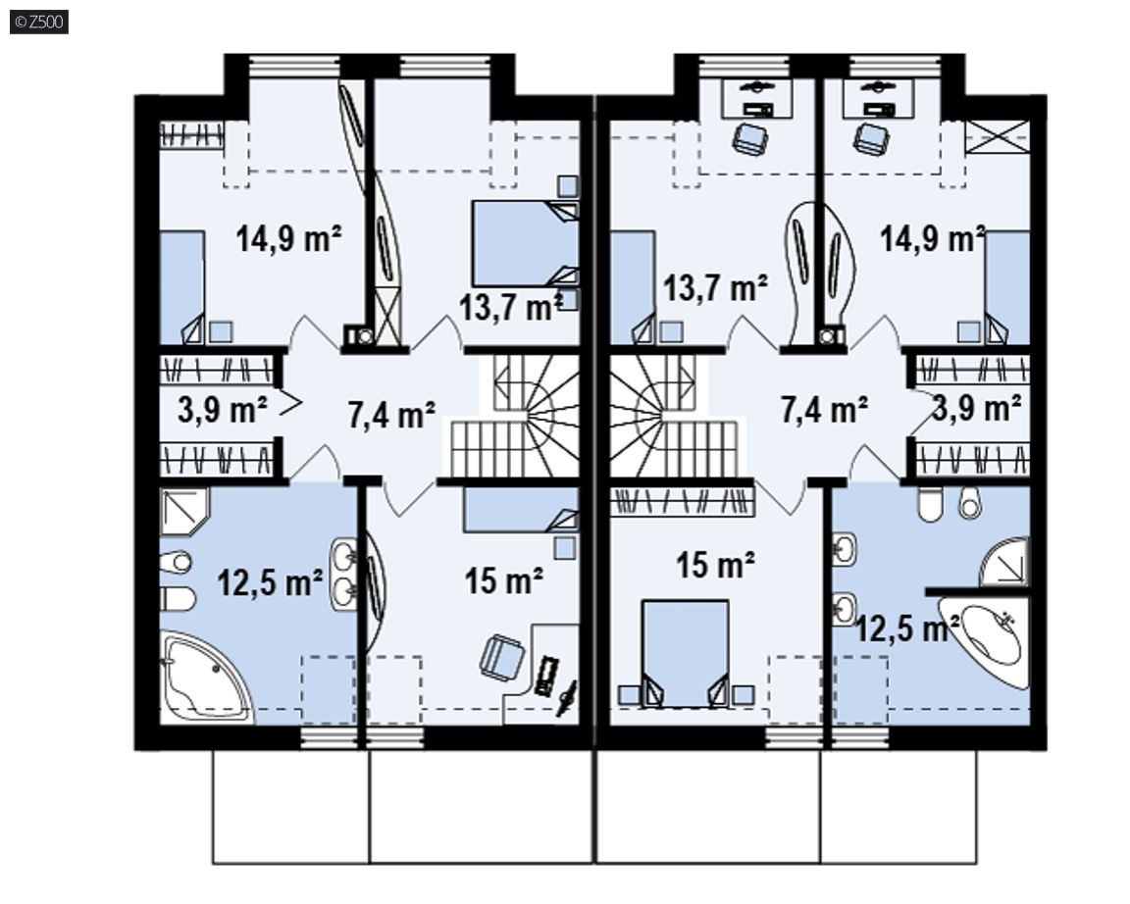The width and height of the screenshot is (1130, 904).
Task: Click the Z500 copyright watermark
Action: [39, 22]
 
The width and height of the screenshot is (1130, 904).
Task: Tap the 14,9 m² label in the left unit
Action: [288, 237]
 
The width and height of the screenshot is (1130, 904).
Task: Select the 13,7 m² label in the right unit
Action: [715, 288]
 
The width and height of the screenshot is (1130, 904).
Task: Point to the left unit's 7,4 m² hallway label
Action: [391, 415]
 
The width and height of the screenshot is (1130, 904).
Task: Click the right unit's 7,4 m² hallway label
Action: [824, 409]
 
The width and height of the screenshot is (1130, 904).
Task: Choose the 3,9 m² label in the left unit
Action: [223, 410]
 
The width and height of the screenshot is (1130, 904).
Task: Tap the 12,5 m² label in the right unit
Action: [906, 628]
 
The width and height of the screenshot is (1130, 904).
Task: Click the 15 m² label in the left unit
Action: [504, 580]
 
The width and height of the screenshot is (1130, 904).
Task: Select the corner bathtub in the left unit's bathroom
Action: [205, 678]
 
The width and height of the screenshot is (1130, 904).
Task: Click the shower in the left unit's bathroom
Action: [183, 512]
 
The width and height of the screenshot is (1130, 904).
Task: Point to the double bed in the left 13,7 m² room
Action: [526, 243]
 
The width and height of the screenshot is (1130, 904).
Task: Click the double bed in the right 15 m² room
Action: [686, 653]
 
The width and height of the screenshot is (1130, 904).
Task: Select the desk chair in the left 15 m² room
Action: [502, 657]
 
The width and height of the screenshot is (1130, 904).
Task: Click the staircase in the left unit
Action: [515, 417]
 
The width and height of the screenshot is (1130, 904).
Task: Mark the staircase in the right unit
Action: [673, 417]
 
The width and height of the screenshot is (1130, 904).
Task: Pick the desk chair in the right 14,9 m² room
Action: [871, 137]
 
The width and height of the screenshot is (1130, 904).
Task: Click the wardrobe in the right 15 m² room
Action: [682, 501]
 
